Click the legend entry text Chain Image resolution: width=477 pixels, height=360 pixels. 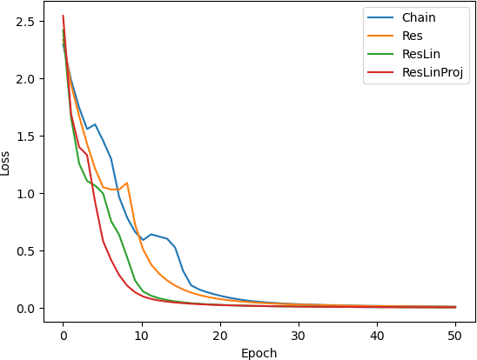click(419, 17)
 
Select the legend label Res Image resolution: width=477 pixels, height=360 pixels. click(413, 37)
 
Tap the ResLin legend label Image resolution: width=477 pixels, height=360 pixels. click(421, 56)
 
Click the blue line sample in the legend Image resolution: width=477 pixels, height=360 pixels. click(380, 17)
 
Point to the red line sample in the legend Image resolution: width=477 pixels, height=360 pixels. click(380, 75)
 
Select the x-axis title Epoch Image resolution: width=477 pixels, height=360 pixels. click(259, 353)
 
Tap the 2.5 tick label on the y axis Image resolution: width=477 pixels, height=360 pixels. click(25, 21)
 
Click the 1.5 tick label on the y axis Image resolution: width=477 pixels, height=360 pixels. click(25, 136)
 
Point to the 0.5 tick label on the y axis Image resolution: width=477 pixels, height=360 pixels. click(25, 250)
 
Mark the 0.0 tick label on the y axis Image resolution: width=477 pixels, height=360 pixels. click(25, 308)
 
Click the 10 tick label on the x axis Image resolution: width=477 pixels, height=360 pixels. click(141, 334)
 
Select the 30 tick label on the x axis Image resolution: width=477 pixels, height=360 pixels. click(298, 334)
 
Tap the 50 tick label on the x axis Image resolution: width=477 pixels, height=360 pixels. click(455, 334)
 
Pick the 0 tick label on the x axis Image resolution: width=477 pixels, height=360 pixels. click(63, 334)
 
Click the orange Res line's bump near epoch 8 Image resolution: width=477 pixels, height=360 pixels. click(126, 183)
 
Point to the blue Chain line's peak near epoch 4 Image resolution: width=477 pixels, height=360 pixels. click(94, 124)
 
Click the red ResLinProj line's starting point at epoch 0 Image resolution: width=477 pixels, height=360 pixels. click(63, 16)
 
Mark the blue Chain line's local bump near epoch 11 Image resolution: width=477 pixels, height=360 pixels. click(151, 234)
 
